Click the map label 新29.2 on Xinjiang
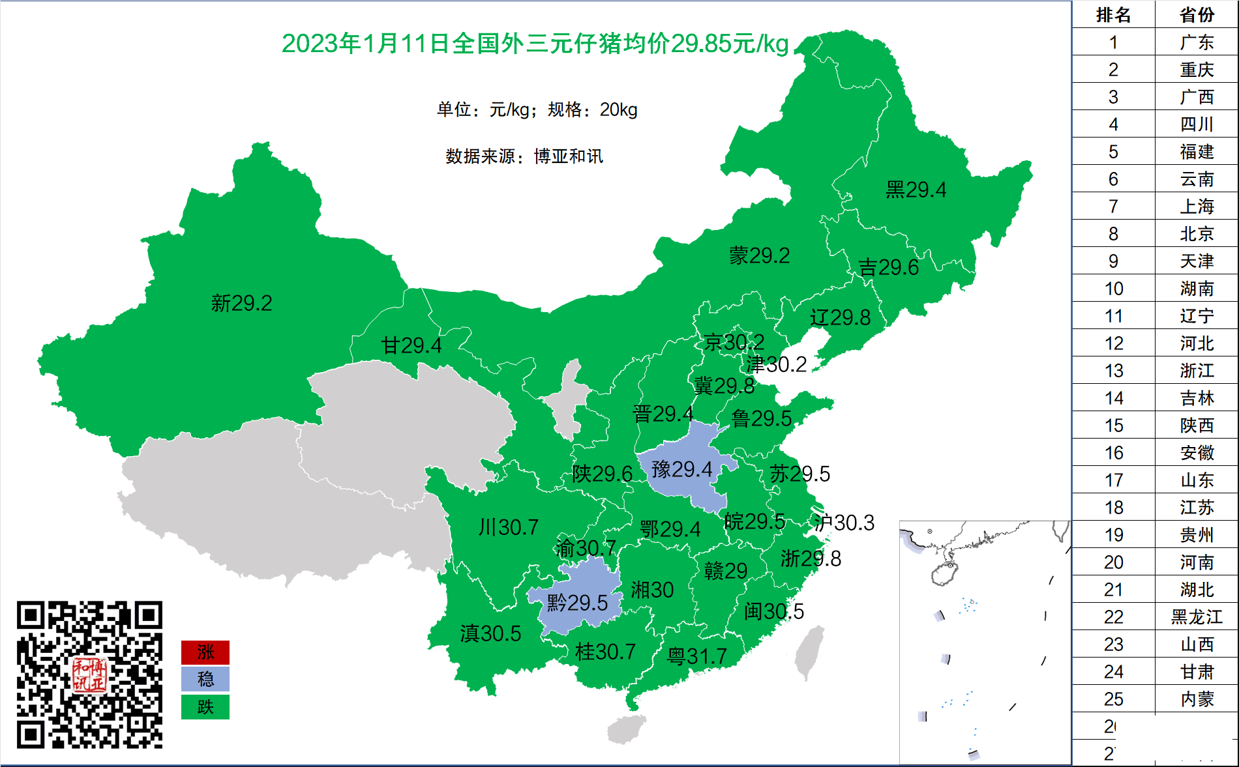point(241,303)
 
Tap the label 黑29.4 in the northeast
point(916,190)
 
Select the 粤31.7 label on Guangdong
point(696,656)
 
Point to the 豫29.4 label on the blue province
point(681,469)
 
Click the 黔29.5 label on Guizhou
point(577,603)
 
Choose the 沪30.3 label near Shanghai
point(844,523)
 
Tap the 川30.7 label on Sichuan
point(508,527)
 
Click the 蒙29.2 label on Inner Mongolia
point(759,255)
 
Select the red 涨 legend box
point(205,652)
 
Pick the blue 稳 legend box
point(205,680)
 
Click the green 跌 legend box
point(205,707)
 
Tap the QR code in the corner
point(89,674)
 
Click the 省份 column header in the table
point(1196,14)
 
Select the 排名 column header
point(1113,14)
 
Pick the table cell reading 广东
point(1196,42)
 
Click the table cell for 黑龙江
point(1196,616)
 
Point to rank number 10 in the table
point(1113,288)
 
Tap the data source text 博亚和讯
point(568,156)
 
